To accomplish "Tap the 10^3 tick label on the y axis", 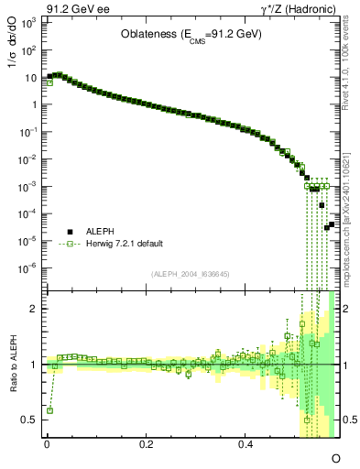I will click(28, 21).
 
